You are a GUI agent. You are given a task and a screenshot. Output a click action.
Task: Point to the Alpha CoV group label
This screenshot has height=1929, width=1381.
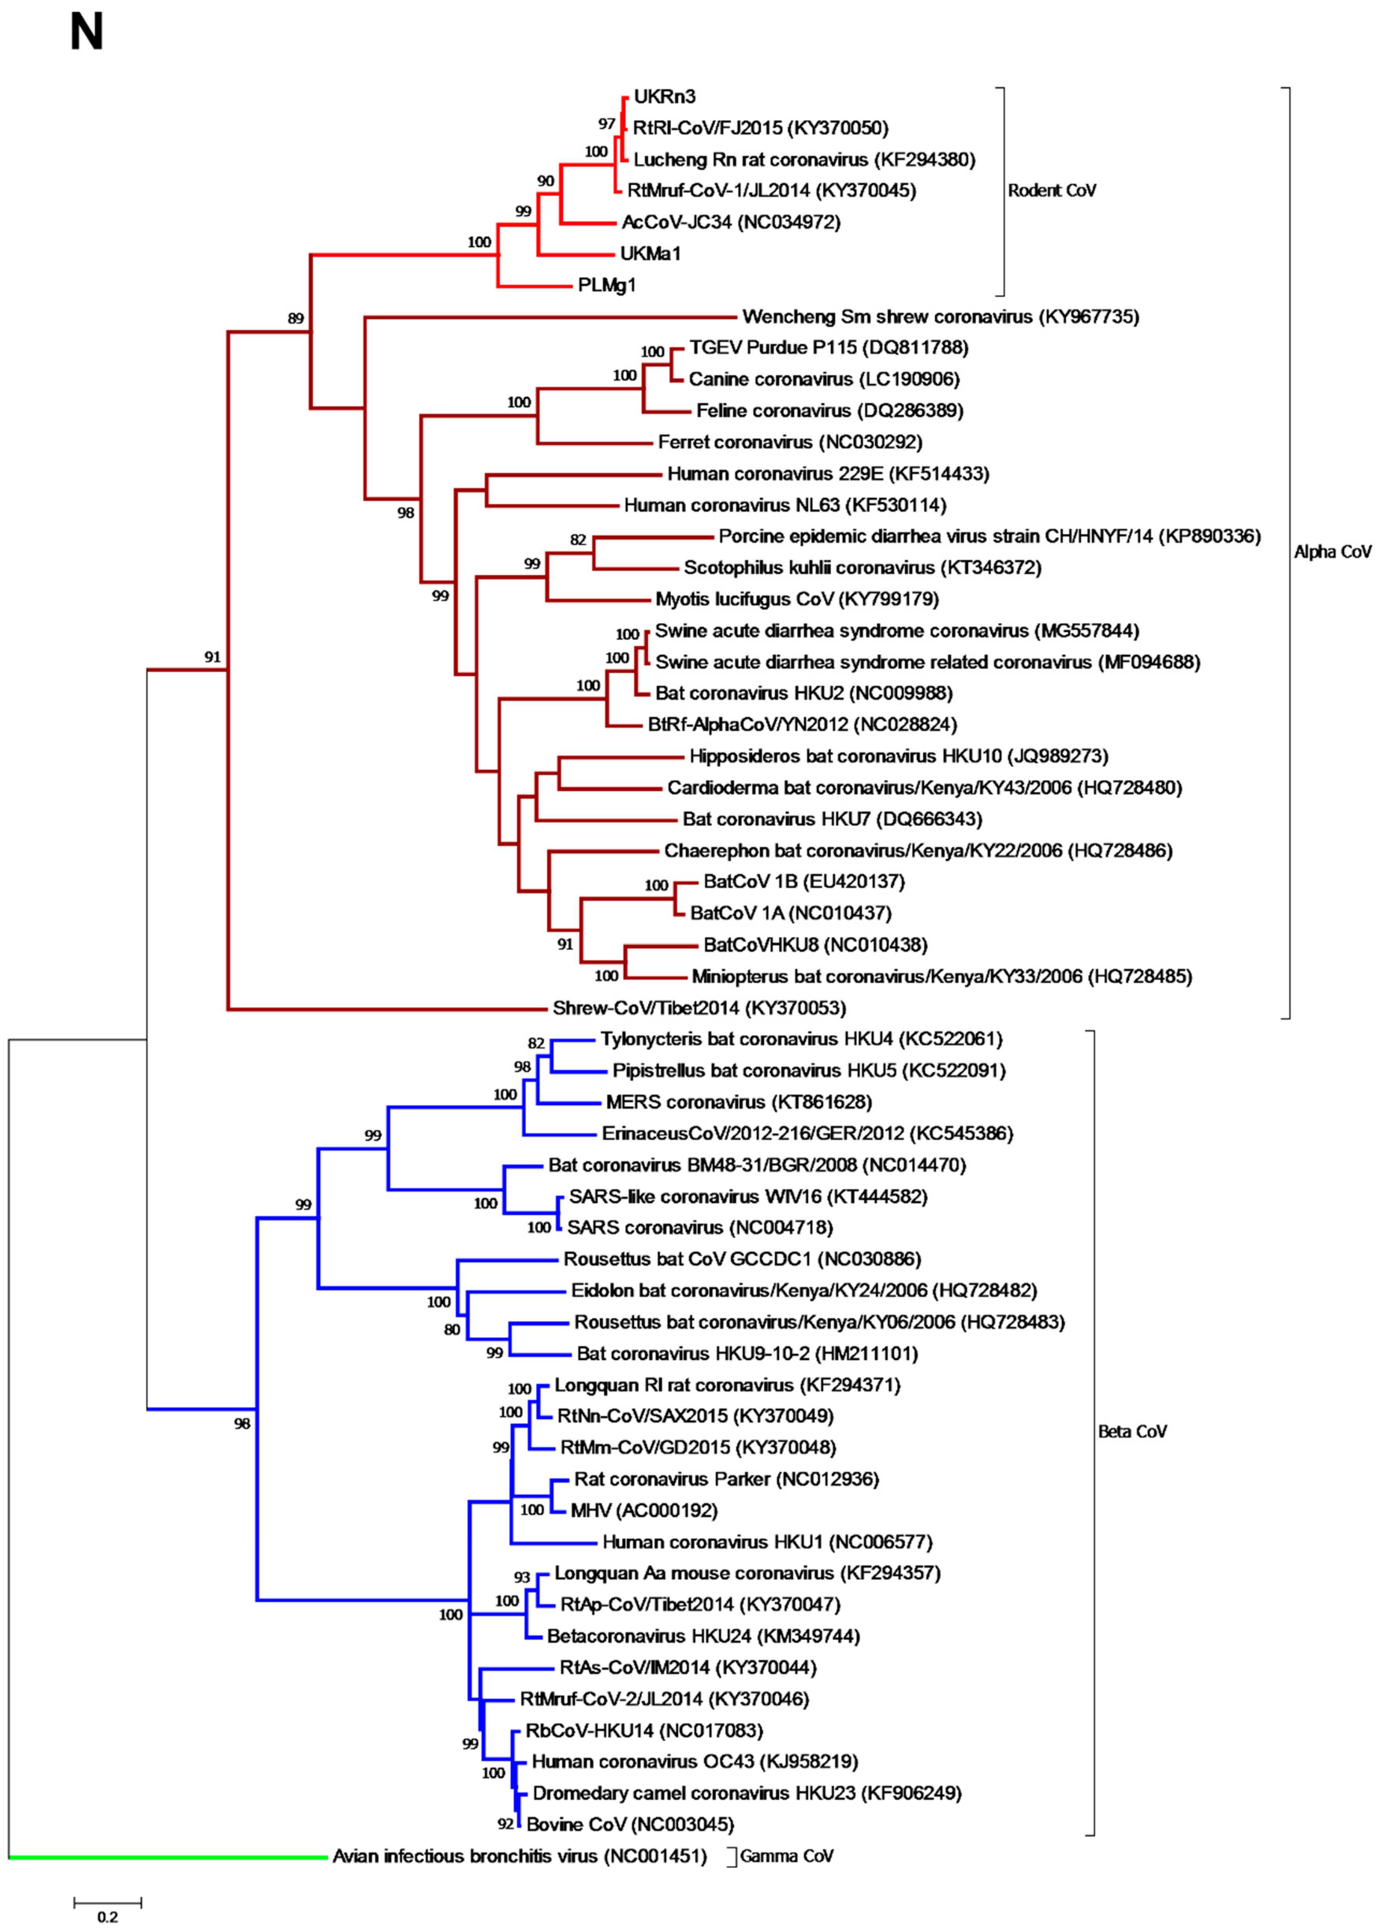click(1332, 552)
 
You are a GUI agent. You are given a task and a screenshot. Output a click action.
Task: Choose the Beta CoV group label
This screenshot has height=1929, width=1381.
click(1132, 1432)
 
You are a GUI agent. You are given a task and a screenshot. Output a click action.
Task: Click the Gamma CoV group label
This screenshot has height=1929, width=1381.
click(786, 1856)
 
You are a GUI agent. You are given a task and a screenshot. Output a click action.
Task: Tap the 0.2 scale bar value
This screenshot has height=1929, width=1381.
click(107, 1916)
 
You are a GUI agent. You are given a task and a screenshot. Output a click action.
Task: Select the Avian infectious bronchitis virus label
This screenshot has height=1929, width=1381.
click(519, 1856)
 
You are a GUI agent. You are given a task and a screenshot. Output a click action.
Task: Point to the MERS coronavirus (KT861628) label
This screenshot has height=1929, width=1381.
click(738, 1102)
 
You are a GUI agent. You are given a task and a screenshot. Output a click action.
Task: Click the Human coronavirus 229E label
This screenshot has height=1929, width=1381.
click(827, 474)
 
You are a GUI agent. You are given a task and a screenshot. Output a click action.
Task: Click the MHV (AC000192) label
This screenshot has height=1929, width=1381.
click(644, 1510)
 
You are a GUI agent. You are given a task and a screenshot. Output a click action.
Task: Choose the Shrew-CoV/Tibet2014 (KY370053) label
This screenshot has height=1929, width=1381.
click(699, 1008)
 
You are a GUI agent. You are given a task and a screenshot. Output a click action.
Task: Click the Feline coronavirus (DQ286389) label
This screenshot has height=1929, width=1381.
click(829, 411)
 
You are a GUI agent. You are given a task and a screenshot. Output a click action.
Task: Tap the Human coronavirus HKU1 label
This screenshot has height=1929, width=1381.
click(767, 1542)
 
